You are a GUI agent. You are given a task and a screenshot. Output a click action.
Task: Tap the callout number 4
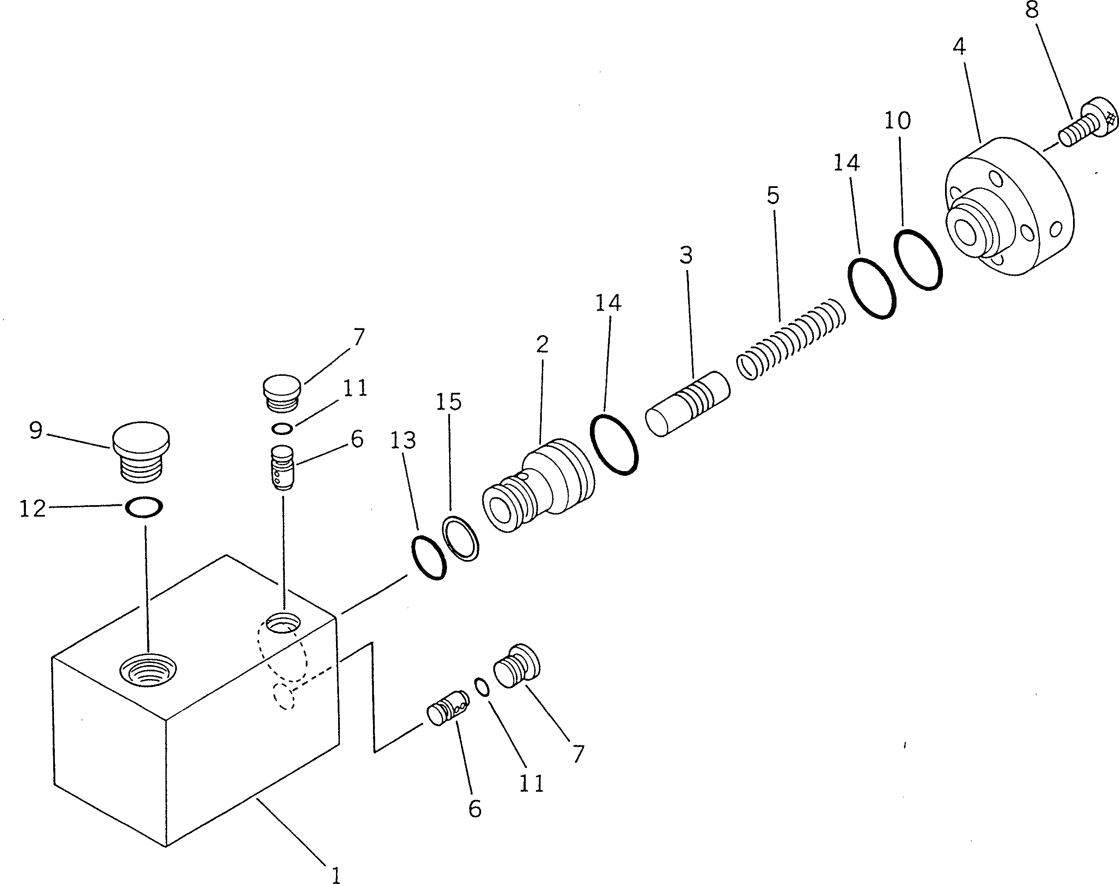(x=959, y=47)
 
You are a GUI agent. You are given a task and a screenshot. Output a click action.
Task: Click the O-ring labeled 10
(x=918, y=259)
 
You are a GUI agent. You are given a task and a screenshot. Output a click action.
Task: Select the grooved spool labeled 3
(x=688, y=404)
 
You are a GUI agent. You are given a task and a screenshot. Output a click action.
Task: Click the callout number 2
(x=542, y=344)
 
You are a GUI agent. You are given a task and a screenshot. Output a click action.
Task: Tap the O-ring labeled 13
(x=429, y=557)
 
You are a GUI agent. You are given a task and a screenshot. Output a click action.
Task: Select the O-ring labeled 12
(x=144, y=507)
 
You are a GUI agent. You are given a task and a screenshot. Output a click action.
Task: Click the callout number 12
(x=32, y=509)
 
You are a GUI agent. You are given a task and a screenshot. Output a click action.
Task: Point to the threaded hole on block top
(x=148, y=670)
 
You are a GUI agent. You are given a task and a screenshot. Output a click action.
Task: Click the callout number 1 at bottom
(x=336, y=875)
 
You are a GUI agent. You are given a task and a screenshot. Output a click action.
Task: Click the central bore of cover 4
(x=966, y=233)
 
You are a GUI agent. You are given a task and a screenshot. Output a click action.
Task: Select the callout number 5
(x=772, y=196)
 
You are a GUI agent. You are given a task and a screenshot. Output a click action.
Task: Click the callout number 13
(x=403, y=441)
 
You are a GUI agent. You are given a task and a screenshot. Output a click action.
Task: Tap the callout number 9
(x=36, y=430)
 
